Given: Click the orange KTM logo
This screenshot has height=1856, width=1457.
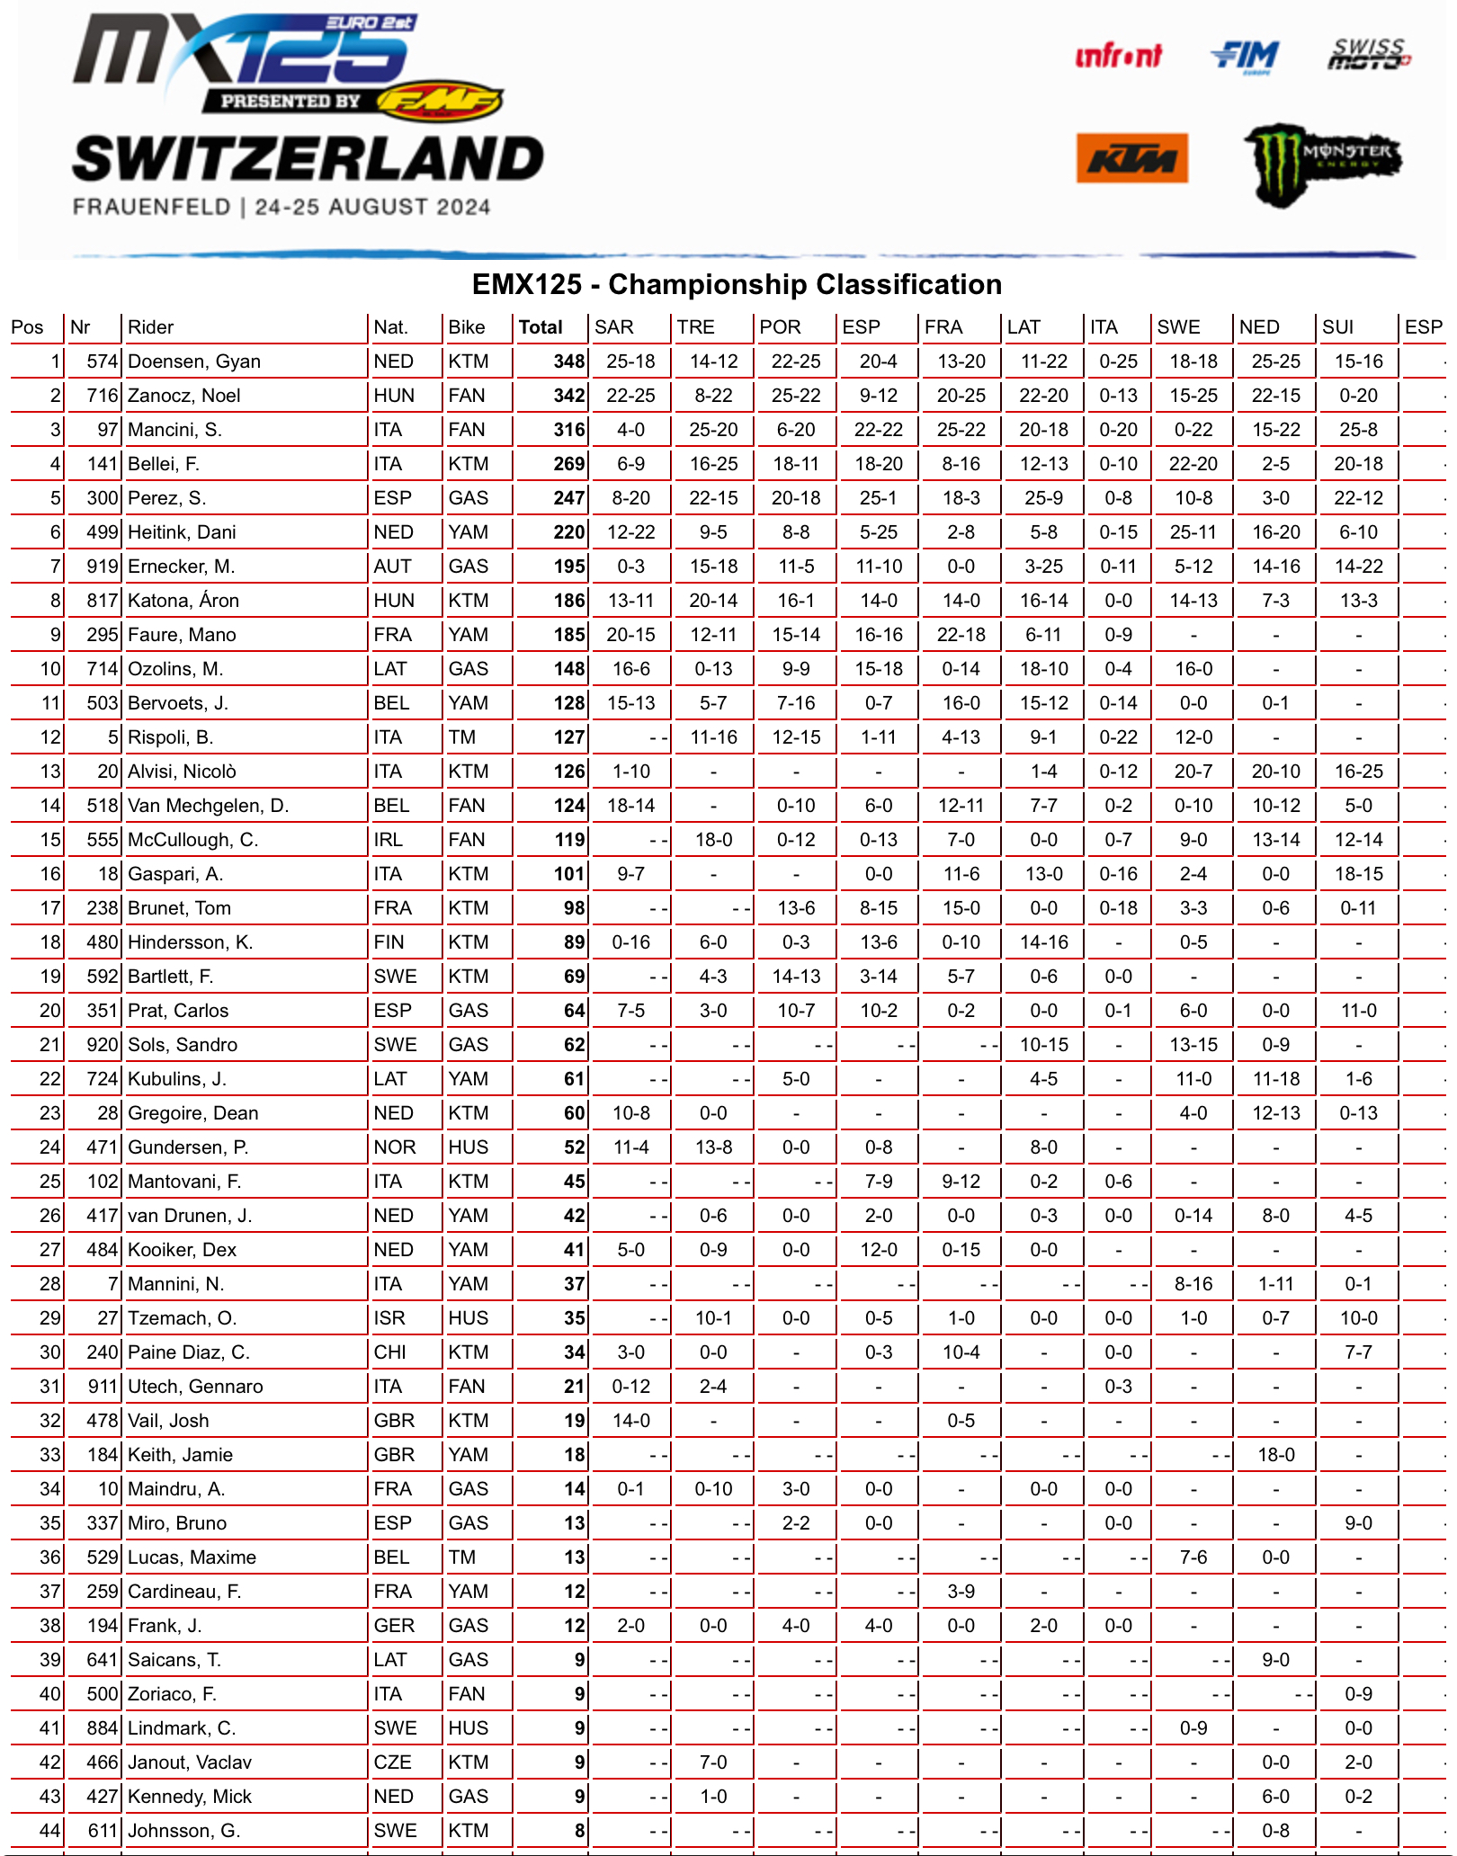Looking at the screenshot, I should point(1131,158).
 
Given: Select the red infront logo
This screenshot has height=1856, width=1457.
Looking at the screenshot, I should point(1118,57).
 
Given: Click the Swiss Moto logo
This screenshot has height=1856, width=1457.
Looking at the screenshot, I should point(1369,54).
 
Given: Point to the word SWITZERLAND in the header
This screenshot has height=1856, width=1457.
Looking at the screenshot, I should point(308,159).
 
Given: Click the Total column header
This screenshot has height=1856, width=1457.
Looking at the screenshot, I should point(541,327).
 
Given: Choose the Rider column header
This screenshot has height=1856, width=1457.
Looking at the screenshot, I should point(150,327).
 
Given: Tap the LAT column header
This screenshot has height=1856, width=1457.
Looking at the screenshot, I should point(1023,327).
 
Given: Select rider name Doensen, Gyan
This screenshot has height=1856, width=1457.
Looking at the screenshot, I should point(194,361).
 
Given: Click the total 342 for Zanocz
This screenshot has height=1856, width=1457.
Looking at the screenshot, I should point(569,396).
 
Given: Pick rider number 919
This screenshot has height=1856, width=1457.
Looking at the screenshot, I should point(103,567).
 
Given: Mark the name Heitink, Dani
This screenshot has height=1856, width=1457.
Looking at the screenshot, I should point(182,532).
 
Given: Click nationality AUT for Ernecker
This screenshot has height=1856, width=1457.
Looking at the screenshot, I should point(392,567).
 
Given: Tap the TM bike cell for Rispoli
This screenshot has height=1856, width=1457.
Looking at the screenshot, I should point(462,737).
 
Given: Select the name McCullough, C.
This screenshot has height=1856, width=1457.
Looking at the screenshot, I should point(192,840).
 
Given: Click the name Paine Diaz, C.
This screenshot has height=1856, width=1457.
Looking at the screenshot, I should point(188,1352).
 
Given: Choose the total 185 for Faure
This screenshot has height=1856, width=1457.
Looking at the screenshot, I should point(569,635).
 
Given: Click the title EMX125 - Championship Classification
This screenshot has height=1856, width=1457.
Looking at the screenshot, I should point(737,285).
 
